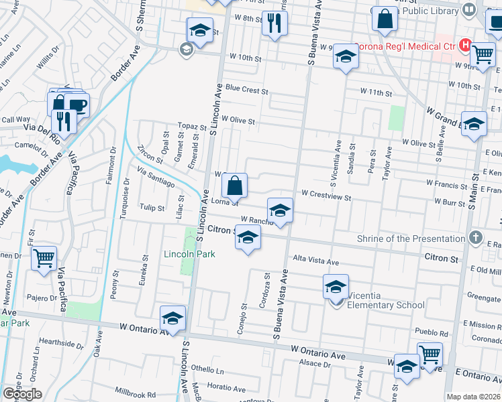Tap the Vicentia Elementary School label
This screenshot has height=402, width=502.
pos(381,305)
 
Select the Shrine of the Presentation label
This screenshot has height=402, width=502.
pos(411,239)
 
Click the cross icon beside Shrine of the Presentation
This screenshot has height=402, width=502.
pos(475,238)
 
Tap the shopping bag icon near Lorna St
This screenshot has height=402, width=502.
pos(235,184)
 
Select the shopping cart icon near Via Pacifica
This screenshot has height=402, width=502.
pos(44,257)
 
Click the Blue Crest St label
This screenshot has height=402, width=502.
pos(246,88)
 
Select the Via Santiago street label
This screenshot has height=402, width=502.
pos(155,178)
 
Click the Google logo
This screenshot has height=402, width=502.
pos(22,394)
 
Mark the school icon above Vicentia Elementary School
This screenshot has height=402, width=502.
pos(336,286)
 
